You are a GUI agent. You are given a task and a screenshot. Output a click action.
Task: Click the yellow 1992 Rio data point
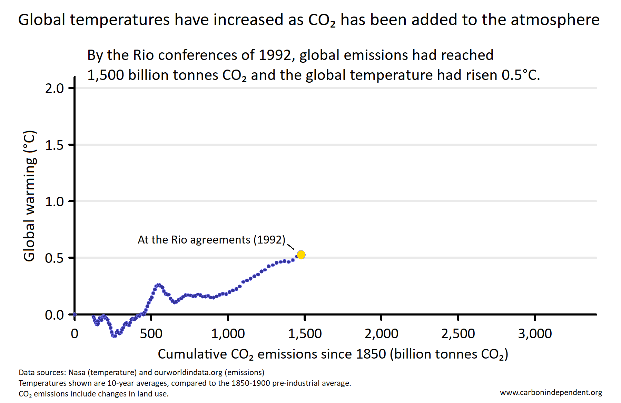point(301,255)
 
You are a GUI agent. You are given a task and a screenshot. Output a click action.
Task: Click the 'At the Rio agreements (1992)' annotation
point(211,240)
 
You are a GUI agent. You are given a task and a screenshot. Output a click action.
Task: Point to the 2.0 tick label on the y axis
point(55,89)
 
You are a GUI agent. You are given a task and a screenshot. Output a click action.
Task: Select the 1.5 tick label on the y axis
point(55,145)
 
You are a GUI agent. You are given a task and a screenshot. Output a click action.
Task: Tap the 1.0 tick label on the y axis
point(55,202)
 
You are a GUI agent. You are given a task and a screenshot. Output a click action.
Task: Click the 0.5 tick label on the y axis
point(55,258)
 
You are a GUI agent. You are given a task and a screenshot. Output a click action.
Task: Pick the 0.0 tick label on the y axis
point(55,315)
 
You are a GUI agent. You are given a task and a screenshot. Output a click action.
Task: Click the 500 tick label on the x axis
point(151,334)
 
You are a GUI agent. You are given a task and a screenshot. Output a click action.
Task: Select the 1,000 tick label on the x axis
point(228,334)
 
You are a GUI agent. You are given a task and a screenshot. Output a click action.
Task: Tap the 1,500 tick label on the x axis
point(305,334)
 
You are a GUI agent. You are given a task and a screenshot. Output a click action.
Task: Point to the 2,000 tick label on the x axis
point(381,334)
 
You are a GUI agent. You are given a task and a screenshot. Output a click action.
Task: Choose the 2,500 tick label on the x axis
point(458,334)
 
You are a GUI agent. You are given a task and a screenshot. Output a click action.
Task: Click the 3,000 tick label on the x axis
point(535,334)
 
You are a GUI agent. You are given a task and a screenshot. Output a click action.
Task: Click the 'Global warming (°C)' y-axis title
point(29,196)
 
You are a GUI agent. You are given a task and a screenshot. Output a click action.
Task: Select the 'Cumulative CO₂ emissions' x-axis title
point(333,354)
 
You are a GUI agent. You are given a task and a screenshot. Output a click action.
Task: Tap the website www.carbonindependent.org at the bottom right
point(551,393)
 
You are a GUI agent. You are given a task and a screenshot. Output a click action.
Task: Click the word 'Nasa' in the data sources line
point(77,373)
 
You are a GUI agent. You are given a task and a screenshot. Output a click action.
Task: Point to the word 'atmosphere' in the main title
point(555,20)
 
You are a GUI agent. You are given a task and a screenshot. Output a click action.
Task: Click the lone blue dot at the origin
point(75,314)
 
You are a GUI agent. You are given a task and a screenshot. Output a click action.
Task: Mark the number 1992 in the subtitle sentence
point(275,55)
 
